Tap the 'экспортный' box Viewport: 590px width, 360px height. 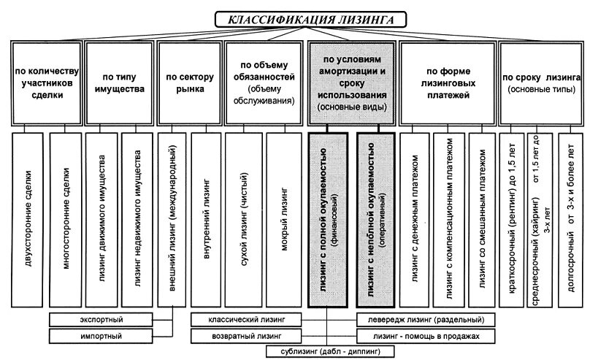click(101, 320)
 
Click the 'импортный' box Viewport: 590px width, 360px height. click(101, 335)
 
